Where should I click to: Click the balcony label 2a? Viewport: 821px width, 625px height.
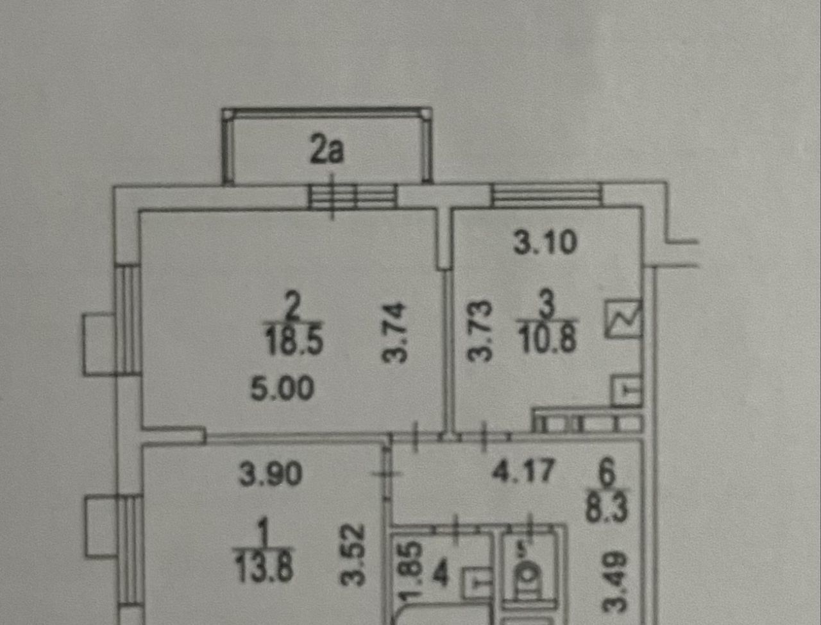(x=327, y=151)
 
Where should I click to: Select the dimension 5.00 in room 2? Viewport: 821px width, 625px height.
(x=282, y=389)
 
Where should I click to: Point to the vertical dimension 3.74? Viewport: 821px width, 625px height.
(x=397, y=332)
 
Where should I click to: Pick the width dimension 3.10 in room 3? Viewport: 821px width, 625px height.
(x=545, y=242)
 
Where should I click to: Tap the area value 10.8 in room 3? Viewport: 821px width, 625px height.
(x=548, y=339)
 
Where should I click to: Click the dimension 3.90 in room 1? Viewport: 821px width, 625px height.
(x=270, y=474)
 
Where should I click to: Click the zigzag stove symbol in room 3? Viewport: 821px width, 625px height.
(x=623, y=319)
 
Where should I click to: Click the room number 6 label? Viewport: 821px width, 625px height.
(x=606, y=475)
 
